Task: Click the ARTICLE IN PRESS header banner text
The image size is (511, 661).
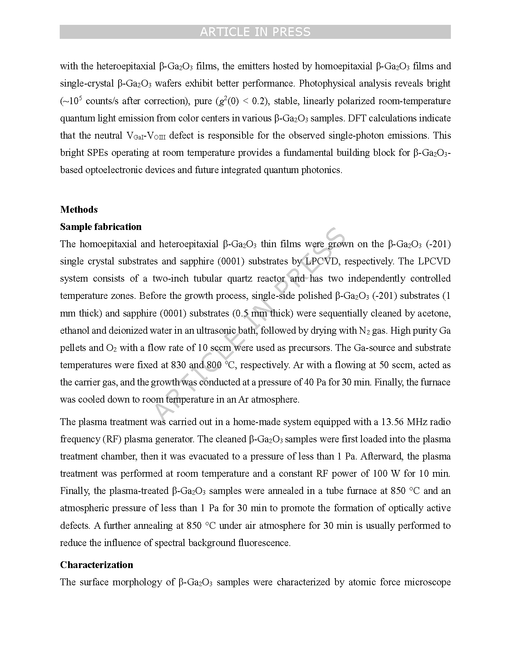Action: pos(255,32)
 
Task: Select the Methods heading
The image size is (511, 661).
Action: pos(79,210)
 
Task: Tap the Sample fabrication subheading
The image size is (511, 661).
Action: pos(101,227)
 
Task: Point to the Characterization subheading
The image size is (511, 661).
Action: pos(96,565)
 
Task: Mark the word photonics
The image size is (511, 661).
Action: pos(322,170)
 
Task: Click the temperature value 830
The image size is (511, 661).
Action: pos(178,365)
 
